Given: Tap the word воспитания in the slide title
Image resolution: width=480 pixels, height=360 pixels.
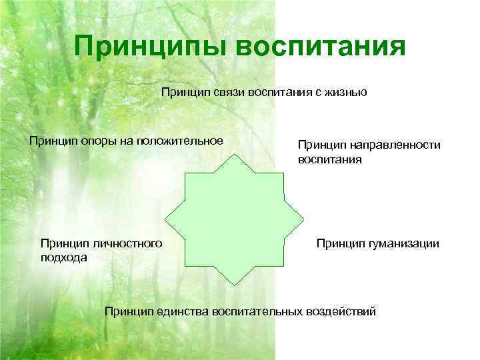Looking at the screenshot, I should click(x=320, y=47).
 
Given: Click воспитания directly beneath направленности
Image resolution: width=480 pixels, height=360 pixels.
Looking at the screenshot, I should click(x=330, y=160).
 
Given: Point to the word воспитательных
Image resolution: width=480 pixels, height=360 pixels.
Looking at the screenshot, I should click(x=257, y=311).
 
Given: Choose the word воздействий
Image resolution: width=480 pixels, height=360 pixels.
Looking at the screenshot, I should click(x=341, y=311).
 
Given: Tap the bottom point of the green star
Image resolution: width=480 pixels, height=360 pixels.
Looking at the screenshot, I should click(x=235, y=294).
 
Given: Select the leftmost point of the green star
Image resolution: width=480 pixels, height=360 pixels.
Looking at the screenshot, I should click(x=165, y=224).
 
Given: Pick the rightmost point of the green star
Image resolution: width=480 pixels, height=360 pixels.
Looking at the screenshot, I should click(x=305, y=224).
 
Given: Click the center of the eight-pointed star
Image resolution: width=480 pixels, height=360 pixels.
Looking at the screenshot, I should click(x=235, y=224).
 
